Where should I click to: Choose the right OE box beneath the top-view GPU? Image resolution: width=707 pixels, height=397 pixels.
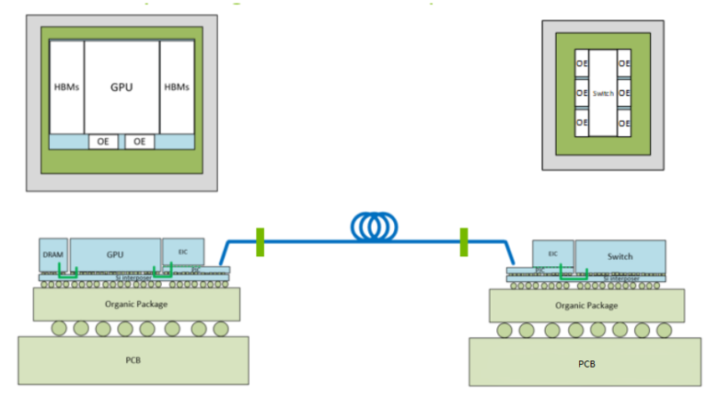pos(140,142)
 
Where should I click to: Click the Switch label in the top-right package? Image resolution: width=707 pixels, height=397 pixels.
pos(603,93)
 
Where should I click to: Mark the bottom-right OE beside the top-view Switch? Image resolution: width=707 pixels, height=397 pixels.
pos(624,123)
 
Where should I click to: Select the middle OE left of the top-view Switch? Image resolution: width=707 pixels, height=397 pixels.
pos(581,93)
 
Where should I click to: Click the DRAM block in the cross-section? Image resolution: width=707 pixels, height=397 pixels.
pos(52,254)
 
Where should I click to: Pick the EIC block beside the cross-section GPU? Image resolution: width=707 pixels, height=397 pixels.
pos(182,250)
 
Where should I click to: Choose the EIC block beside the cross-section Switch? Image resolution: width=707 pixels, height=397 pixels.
pos(552,253)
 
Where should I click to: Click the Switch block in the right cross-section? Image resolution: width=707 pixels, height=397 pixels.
pos(620,255)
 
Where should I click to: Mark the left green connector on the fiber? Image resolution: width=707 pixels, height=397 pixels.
pos(261,241)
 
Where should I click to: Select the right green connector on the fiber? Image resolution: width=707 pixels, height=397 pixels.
pos(464,241)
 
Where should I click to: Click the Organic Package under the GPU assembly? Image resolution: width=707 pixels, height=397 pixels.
pos(136,302)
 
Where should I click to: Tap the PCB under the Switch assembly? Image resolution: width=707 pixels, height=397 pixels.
pos(585,362)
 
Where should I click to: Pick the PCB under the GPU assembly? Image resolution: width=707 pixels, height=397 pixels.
pos(133,359)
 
